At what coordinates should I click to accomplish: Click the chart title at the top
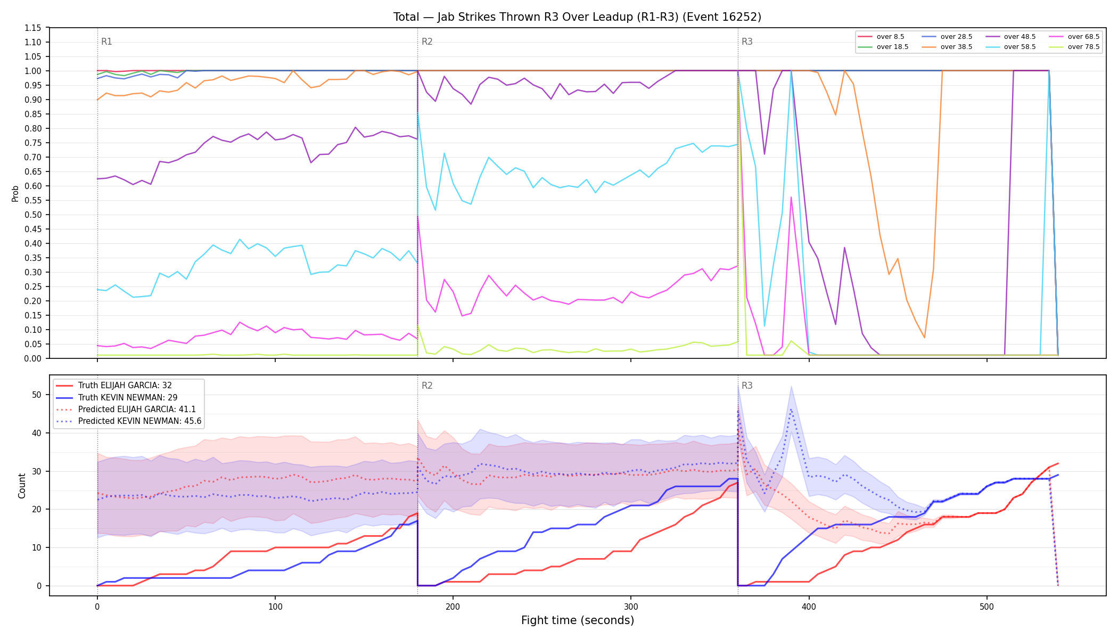click(x=577, y=17)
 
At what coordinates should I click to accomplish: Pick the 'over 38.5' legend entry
click(x=947, y=47)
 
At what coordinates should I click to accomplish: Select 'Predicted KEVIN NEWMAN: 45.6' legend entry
click(x=129, y=421)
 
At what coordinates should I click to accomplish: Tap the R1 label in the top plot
click(x=106, y=42)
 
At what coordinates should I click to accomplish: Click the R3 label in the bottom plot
click(x=747, y=386)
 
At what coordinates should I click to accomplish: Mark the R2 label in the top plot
click(x=427, y=42)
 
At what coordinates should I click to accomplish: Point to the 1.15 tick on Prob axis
click(x=33, y=28)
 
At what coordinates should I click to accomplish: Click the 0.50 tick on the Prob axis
click(x=33, y=215)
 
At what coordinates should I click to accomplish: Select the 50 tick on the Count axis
click(x=37, y=395)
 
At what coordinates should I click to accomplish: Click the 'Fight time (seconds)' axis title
click(x=578, y=620)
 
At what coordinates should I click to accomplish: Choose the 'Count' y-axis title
click(x=22, y=486)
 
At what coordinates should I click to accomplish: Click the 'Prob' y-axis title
click(x=15, y=193)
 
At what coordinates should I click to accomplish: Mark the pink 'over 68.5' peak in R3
click(x=791, y=197)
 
